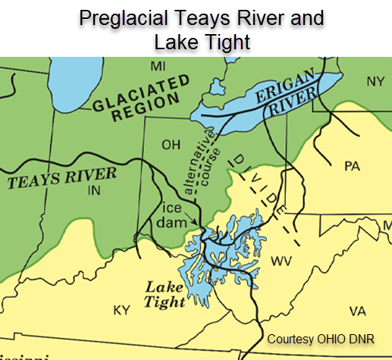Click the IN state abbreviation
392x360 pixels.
pos(94,190)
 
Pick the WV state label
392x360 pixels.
pos(281,261)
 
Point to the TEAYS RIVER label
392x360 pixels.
pos(62,177)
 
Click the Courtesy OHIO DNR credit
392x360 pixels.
pos(324,338)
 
